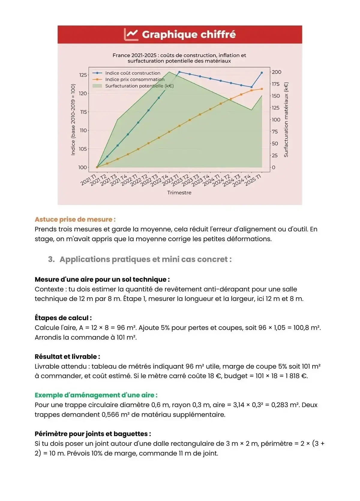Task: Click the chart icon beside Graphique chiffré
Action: (131, 34)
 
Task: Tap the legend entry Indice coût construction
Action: (133, 73)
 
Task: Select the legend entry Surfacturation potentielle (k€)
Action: (139, 86)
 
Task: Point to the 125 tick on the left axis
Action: (83, 75)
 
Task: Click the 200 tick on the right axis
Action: (276, 72)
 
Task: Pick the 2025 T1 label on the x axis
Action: (253, 180)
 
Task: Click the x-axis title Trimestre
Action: (179, 193)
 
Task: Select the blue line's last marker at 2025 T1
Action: (262, 73)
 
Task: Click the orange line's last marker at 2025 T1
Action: (262, 89)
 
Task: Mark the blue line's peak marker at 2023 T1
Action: (179, 72)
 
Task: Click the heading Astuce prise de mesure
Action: (75, 219)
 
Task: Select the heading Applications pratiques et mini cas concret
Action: (145, 259)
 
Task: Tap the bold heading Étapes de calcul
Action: (63, 318)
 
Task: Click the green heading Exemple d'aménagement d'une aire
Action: (96, 395)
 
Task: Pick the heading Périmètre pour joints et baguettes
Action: (93, 434)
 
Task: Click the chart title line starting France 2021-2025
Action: (179, 55)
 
